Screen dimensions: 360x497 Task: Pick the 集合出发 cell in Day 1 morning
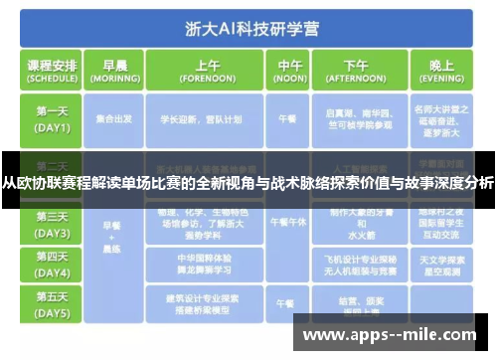(x=116, y=118)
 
